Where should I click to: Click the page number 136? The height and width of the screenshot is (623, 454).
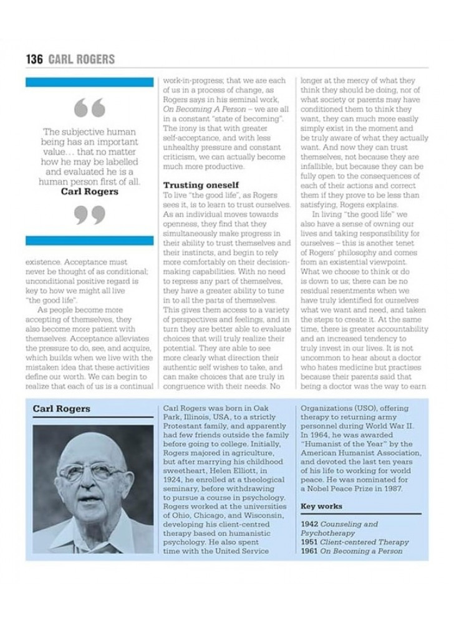tap(34, 59)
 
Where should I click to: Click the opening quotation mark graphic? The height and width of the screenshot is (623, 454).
tap(89, 109)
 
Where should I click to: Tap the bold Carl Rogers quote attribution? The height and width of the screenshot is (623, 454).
tap(90, 192)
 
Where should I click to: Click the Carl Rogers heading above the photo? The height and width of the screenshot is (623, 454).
tap(61, 409)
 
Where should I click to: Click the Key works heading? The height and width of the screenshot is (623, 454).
tap(321, 506)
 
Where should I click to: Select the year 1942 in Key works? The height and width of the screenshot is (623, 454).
tap(309, 525)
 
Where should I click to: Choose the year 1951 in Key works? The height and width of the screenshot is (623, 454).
tap(309, 542)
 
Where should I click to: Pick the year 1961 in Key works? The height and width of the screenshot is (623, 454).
tap(309, 551)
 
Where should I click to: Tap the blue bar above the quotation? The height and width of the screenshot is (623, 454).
tap(90, 82)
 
